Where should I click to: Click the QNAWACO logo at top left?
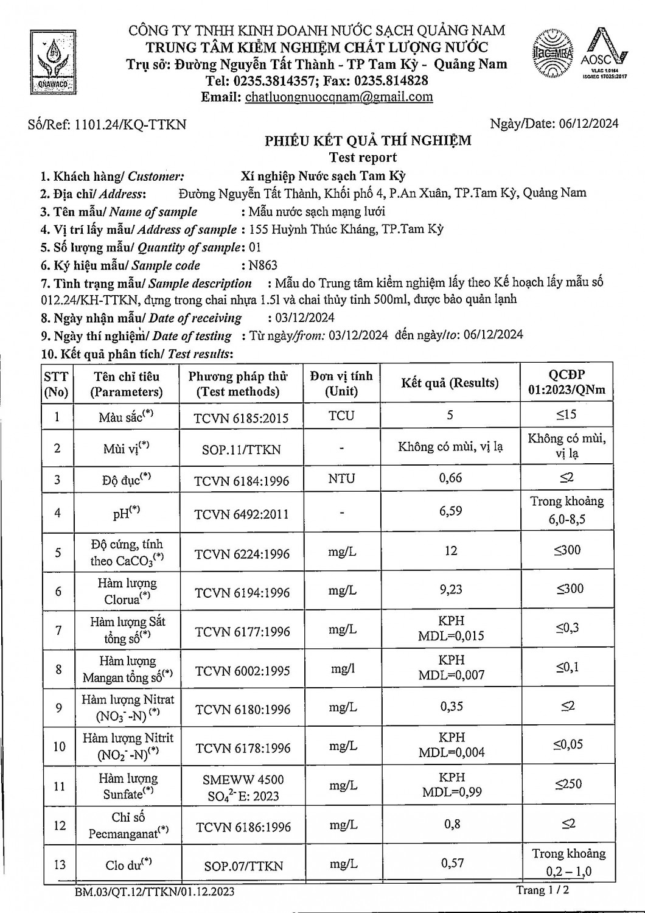click(x=52, y=61)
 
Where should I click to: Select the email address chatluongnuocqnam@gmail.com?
click(x=339, y=97)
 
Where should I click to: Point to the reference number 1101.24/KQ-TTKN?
click(x=130, y=125)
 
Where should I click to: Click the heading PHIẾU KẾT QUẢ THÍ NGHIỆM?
click(x=368, y=141)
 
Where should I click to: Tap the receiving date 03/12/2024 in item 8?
click(x=301, y=318)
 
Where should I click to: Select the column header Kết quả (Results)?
click(x=450, y=383)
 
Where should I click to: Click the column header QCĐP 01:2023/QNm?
click(x=567, y=382)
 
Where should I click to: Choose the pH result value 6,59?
click(x=450, y=511)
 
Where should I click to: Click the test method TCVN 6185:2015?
click(x=241, y=418)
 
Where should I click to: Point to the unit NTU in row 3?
click(x=341, y=479)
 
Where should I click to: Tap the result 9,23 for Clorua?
click(x=450, y=589)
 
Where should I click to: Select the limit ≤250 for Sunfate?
click(x=568, y=785)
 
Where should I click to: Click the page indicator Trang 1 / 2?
click(x=543, y=890)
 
